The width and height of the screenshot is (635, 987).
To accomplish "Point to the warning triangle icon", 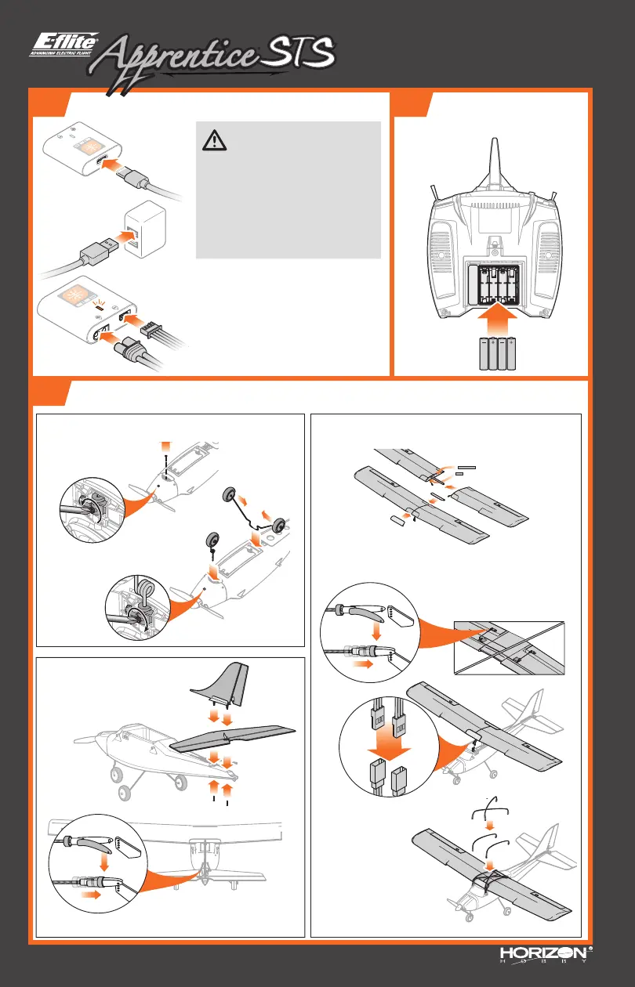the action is [214, 140].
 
